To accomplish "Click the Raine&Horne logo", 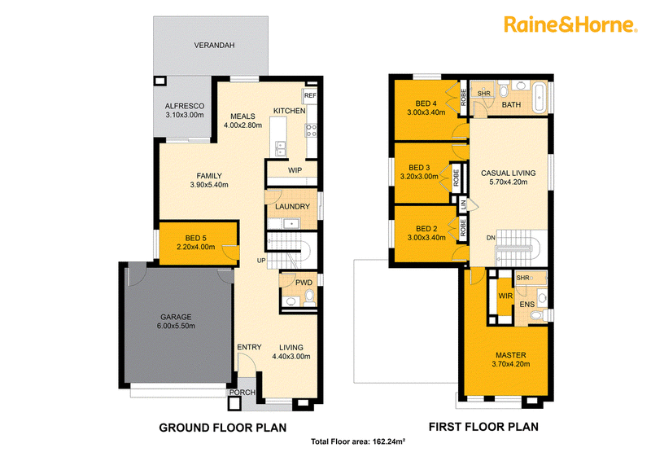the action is tap(570, 24).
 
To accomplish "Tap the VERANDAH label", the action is tap(214, 45).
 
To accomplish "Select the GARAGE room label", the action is tap(176, 317).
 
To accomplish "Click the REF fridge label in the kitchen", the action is tap(310, 95).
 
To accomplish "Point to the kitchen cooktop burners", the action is tap(312, 130).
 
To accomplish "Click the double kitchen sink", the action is tap(281, 148).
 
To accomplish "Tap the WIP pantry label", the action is tap(295, 170).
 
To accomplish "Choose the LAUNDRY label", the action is tap(292, 206).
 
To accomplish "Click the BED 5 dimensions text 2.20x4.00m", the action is tap(195, 247).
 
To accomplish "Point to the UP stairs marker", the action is tap(261, 261).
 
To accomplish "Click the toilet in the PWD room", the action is tap(309, 297).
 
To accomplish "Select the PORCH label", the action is tap(242, 392).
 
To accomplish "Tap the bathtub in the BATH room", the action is tap(540, 98).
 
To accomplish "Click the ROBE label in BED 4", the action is tap(463, 98).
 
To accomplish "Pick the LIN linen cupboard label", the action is tap(463, 204).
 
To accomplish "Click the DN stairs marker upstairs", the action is tap(491, 238).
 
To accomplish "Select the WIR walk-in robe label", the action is tap(505, 296).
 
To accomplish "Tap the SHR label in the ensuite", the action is tap(522, 278).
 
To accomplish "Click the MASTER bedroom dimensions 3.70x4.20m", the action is tap(511, 364).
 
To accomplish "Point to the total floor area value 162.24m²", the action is tap(389, 441).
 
